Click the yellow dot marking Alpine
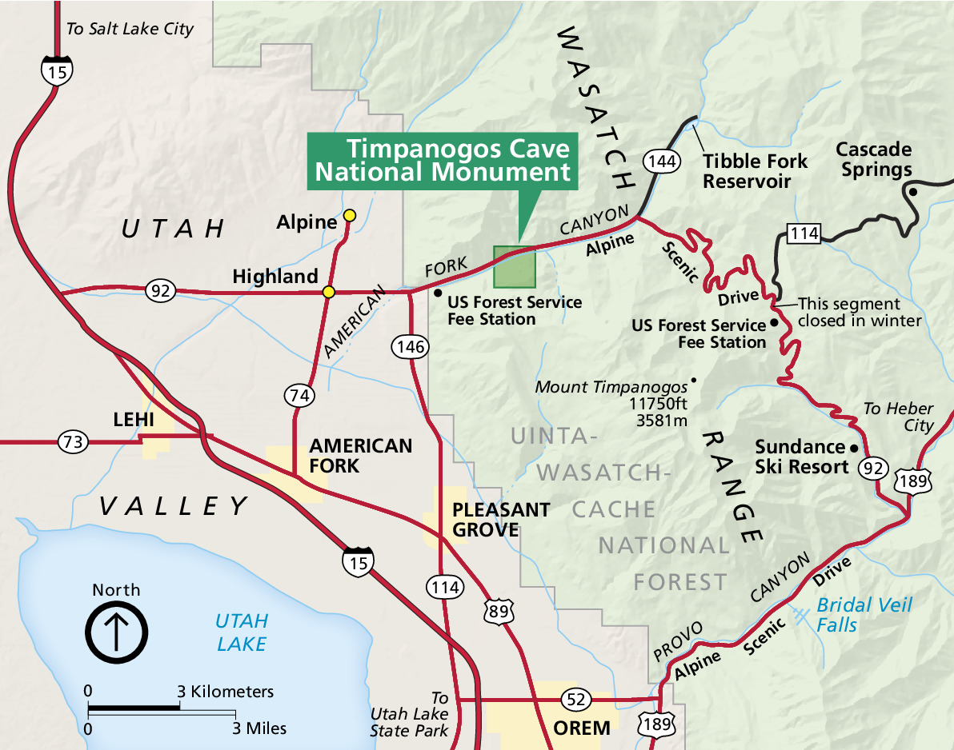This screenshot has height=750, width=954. (x=349, y=215)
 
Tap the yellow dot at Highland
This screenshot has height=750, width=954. (x=328, y=292)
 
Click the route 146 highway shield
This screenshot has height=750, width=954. (x=409, y=346)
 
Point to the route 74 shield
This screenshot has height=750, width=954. (x=299, y=395)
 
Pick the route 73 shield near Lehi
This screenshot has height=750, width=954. (x=72, y=441)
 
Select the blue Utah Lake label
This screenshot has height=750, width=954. (x=241, y=632)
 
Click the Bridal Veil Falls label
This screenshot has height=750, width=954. (x=852, y=614)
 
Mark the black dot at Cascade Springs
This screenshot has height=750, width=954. (x=912, y=191)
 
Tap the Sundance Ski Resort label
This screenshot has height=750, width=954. (x=801, y=457)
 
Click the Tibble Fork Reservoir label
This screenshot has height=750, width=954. (x=755, y=171)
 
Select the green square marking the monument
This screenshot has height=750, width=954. (x=514, y=267)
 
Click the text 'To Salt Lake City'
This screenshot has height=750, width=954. (x=130, y=29)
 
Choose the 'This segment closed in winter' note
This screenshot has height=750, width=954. (x=860, y=313)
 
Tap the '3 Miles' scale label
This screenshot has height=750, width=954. (x=260, y=728)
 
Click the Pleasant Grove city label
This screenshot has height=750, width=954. (x=500, y=520)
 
